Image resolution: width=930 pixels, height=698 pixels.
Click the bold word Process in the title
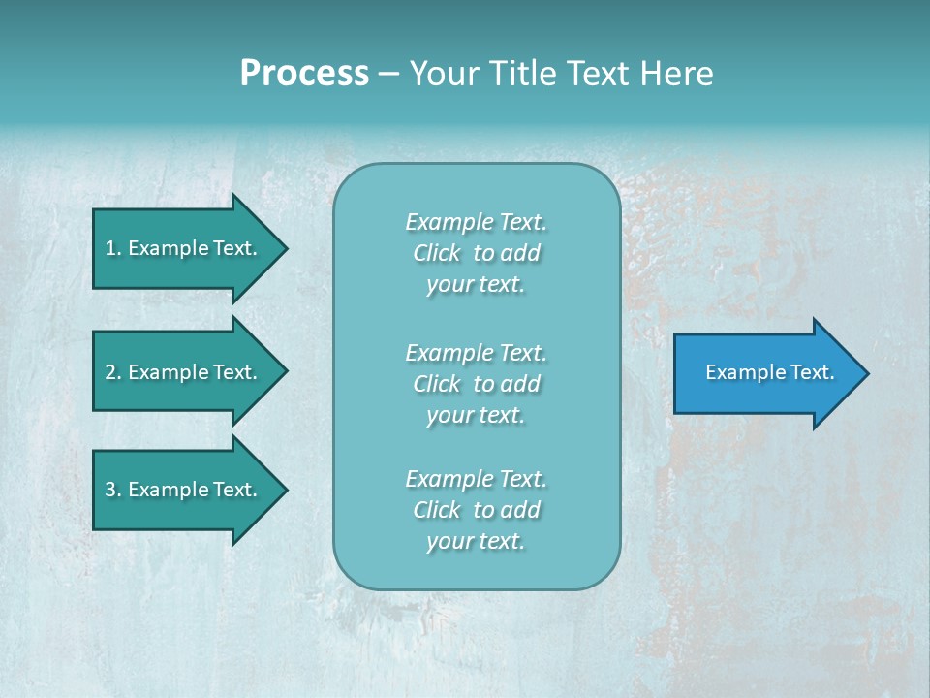coord(304,74)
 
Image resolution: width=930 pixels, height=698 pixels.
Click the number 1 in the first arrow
coord(110,248)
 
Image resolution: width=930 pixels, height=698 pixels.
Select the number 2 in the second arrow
coord(110,372)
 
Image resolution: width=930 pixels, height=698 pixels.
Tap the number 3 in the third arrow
coord(110,490)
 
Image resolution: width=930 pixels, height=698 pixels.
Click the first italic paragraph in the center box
coord(476,253)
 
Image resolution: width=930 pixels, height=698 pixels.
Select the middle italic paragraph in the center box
coord(476,384)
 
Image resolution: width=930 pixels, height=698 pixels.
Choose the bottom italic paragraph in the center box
coord(476,510)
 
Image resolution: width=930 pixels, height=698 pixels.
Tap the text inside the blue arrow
coord(769,372)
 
